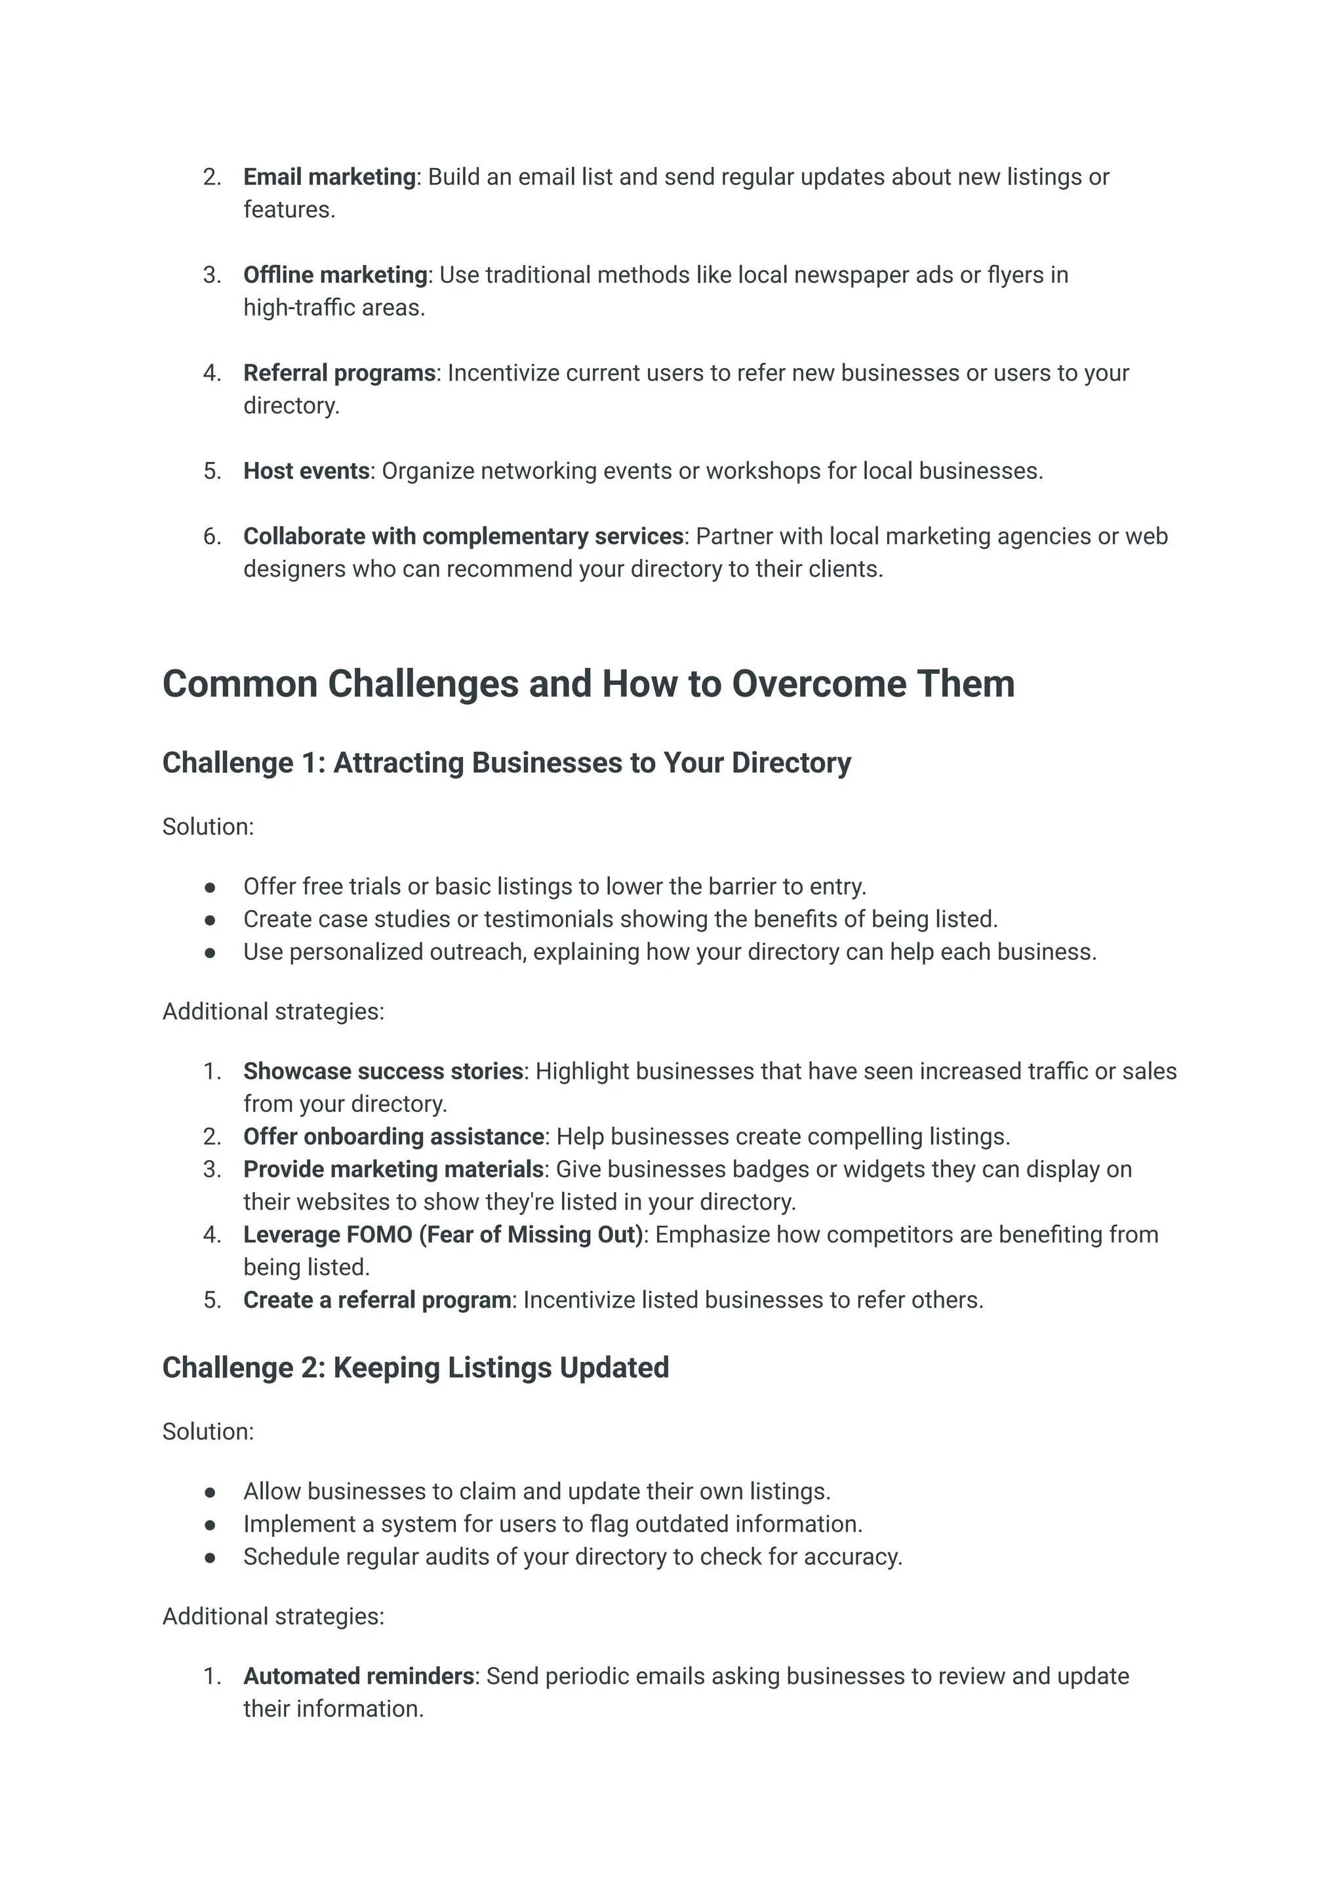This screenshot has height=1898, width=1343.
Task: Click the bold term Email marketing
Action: pos(329,177)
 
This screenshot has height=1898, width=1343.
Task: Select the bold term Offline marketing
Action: pos(335,275)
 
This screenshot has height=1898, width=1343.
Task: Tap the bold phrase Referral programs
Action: pos(339,373)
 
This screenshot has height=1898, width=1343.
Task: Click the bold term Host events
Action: pos(306,471)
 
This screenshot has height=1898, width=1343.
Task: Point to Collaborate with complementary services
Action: pos(463,536)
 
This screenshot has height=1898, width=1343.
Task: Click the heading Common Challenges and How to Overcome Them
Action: pos(588,684)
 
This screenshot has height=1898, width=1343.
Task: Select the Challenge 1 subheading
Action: pos(506,763)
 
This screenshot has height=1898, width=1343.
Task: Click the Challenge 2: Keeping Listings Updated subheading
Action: pos(415,1368)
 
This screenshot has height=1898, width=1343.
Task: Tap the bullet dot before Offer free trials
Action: pos(210,887)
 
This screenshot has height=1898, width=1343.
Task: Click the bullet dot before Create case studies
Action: pos(210,920)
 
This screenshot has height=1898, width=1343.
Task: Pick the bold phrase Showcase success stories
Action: pos(383,1071)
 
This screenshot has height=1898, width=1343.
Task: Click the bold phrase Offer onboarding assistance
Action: pos(393,1137)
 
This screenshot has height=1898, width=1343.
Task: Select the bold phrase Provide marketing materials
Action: pos(393,1169)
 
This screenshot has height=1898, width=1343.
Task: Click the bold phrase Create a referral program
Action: pos(377,1300)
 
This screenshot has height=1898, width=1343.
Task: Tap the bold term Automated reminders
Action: pos(359,1676)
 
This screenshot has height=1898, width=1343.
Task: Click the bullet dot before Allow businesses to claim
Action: pos(210,1492)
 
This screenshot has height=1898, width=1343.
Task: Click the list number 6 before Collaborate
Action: pos(212,536)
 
